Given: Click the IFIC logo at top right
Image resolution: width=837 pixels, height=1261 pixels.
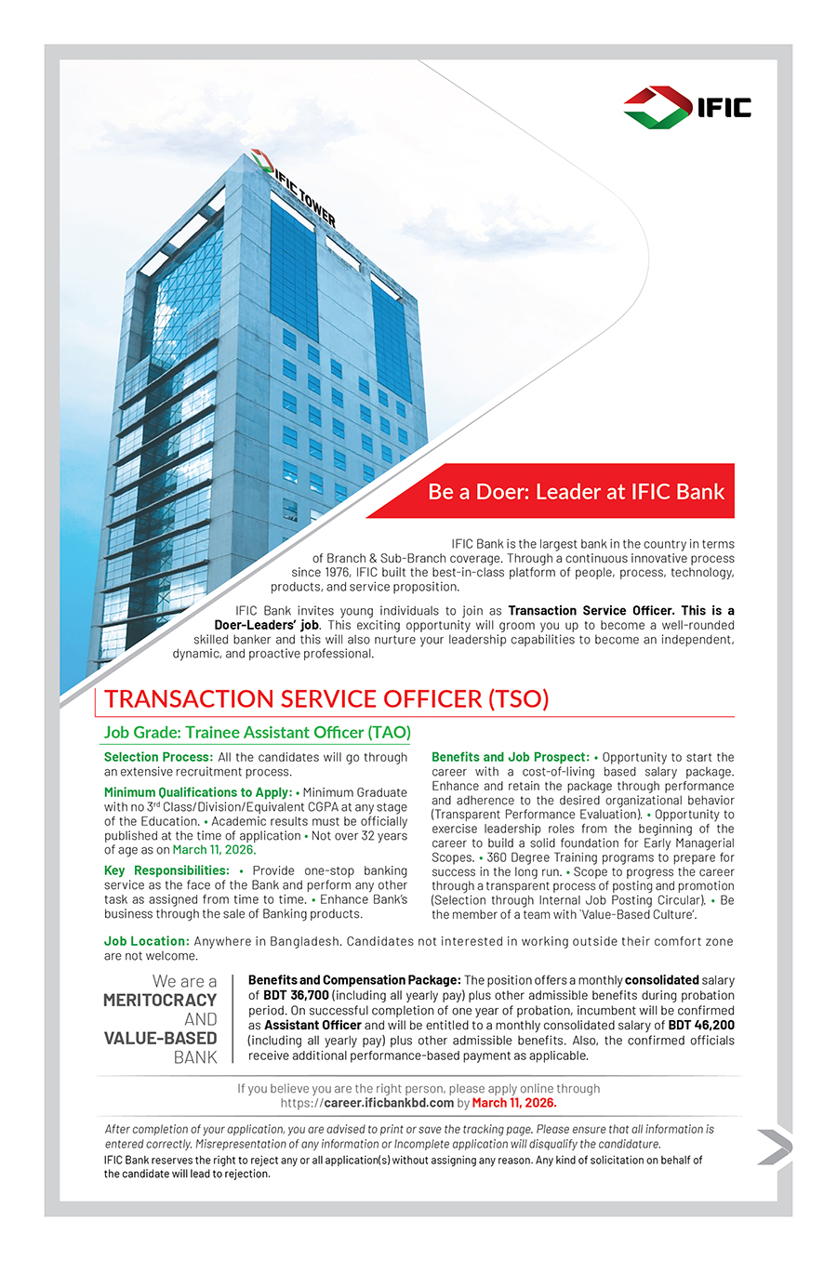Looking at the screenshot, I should coord(687,107).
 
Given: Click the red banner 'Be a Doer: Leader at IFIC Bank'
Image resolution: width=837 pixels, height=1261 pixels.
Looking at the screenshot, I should coord(575,492).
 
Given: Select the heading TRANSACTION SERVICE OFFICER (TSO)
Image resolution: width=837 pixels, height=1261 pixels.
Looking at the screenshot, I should coord(326,699).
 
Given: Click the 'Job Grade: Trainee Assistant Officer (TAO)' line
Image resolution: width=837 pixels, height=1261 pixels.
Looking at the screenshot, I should coord(257,733).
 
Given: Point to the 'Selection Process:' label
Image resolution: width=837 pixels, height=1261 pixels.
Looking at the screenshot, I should coord(158,758).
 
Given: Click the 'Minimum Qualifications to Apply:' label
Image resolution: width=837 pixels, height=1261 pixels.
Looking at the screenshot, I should coord(197,793).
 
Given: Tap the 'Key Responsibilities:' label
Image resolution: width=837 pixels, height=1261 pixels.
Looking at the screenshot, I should coord(166,871).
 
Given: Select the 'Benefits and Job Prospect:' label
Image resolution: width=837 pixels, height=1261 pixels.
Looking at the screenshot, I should coord(510,758).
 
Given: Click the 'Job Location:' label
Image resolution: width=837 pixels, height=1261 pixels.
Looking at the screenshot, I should coord(146,942).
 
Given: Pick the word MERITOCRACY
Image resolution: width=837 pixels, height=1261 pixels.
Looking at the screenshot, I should coord(160,1001).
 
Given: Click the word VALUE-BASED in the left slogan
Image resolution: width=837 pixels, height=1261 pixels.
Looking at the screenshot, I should coord(160,1039).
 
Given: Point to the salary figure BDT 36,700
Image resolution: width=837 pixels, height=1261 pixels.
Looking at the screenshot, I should coord(296,996).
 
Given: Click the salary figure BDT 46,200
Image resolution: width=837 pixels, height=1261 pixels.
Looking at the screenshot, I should coord(700,1026).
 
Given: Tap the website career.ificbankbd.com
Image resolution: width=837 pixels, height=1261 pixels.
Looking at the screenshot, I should coord(389,1104).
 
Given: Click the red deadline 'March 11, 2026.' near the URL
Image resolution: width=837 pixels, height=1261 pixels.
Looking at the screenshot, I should coord(513,1104).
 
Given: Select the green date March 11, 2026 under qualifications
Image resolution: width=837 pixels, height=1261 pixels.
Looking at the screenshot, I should coord(213,850).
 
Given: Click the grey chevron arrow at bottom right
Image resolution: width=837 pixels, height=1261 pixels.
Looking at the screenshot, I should coord(774,1147).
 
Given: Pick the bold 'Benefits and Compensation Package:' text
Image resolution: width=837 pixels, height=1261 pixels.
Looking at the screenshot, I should coord(354,981).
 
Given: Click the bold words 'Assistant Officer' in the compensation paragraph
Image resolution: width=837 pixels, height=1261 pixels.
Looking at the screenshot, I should coord(312,1026).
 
